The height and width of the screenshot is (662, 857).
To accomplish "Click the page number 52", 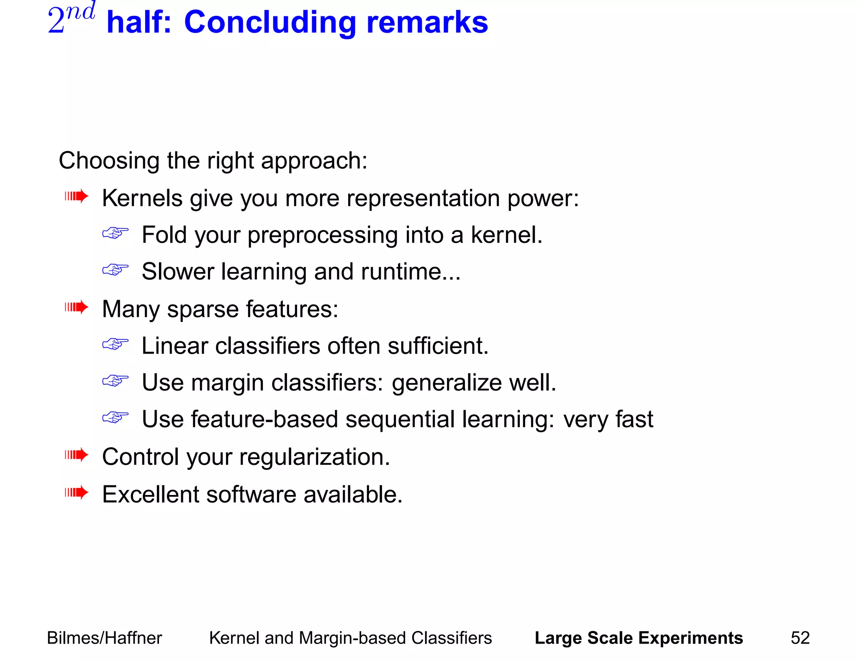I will click(x=800, y=638).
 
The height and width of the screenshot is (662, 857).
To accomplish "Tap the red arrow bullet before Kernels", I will click(x=77, y=196).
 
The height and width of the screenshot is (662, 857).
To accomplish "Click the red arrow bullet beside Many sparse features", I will click(x=77, y=308).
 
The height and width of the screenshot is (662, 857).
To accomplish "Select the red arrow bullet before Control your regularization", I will click(x=77, y=455).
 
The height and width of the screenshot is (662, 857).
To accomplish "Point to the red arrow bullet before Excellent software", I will click(x=77, y=493).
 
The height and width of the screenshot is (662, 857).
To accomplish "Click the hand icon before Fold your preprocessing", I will click(x=115, y=233).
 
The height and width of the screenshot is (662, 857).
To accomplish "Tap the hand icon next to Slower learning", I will click(x=115, y=269).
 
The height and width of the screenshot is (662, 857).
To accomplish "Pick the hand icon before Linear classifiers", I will click(x=115, y=344).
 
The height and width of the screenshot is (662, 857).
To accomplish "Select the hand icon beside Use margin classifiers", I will click(x=115, y=381).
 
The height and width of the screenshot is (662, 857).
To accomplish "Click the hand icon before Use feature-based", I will click(x=115, y=417).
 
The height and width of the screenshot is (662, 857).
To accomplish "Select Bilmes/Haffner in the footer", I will click(x=104, y=638).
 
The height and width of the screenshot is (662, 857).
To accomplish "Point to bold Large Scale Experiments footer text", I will click(x=639, y=638).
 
